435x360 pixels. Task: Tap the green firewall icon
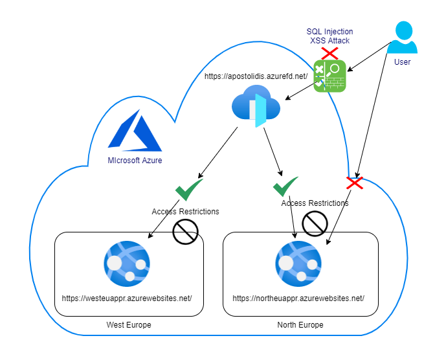coord(329,76)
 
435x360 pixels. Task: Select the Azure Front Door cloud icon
coord(256,106)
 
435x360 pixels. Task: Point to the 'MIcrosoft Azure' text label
coord(135,161)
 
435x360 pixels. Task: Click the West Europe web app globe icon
coord(127,264)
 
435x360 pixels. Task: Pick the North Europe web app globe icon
coord(298,264)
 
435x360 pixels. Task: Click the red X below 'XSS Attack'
coord(329,53)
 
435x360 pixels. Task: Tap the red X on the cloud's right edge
coord(355,183)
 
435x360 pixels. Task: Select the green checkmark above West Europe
coord(189,189)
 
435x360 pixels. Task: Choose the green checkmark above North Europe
coord(285,186)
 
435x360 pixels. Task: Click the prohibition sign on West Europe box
coord(185,232)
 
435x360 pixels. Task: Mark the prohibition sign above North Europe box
coord(315,223)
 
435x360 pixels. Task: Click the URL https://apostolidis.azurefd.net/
coord(256,76)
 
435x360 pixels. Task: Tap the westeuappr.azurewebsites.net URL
coord(127,298)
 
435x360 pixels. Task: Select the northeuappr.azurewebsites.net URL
coord(298,298)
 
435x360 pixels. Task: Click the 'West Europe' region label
coord(129,325)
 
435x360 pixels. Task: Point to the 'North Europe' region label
coord(300,325)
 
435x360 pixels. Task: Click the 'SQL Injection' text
coord(329,32)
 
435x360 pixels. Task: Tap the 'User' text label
coord(402,62)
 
